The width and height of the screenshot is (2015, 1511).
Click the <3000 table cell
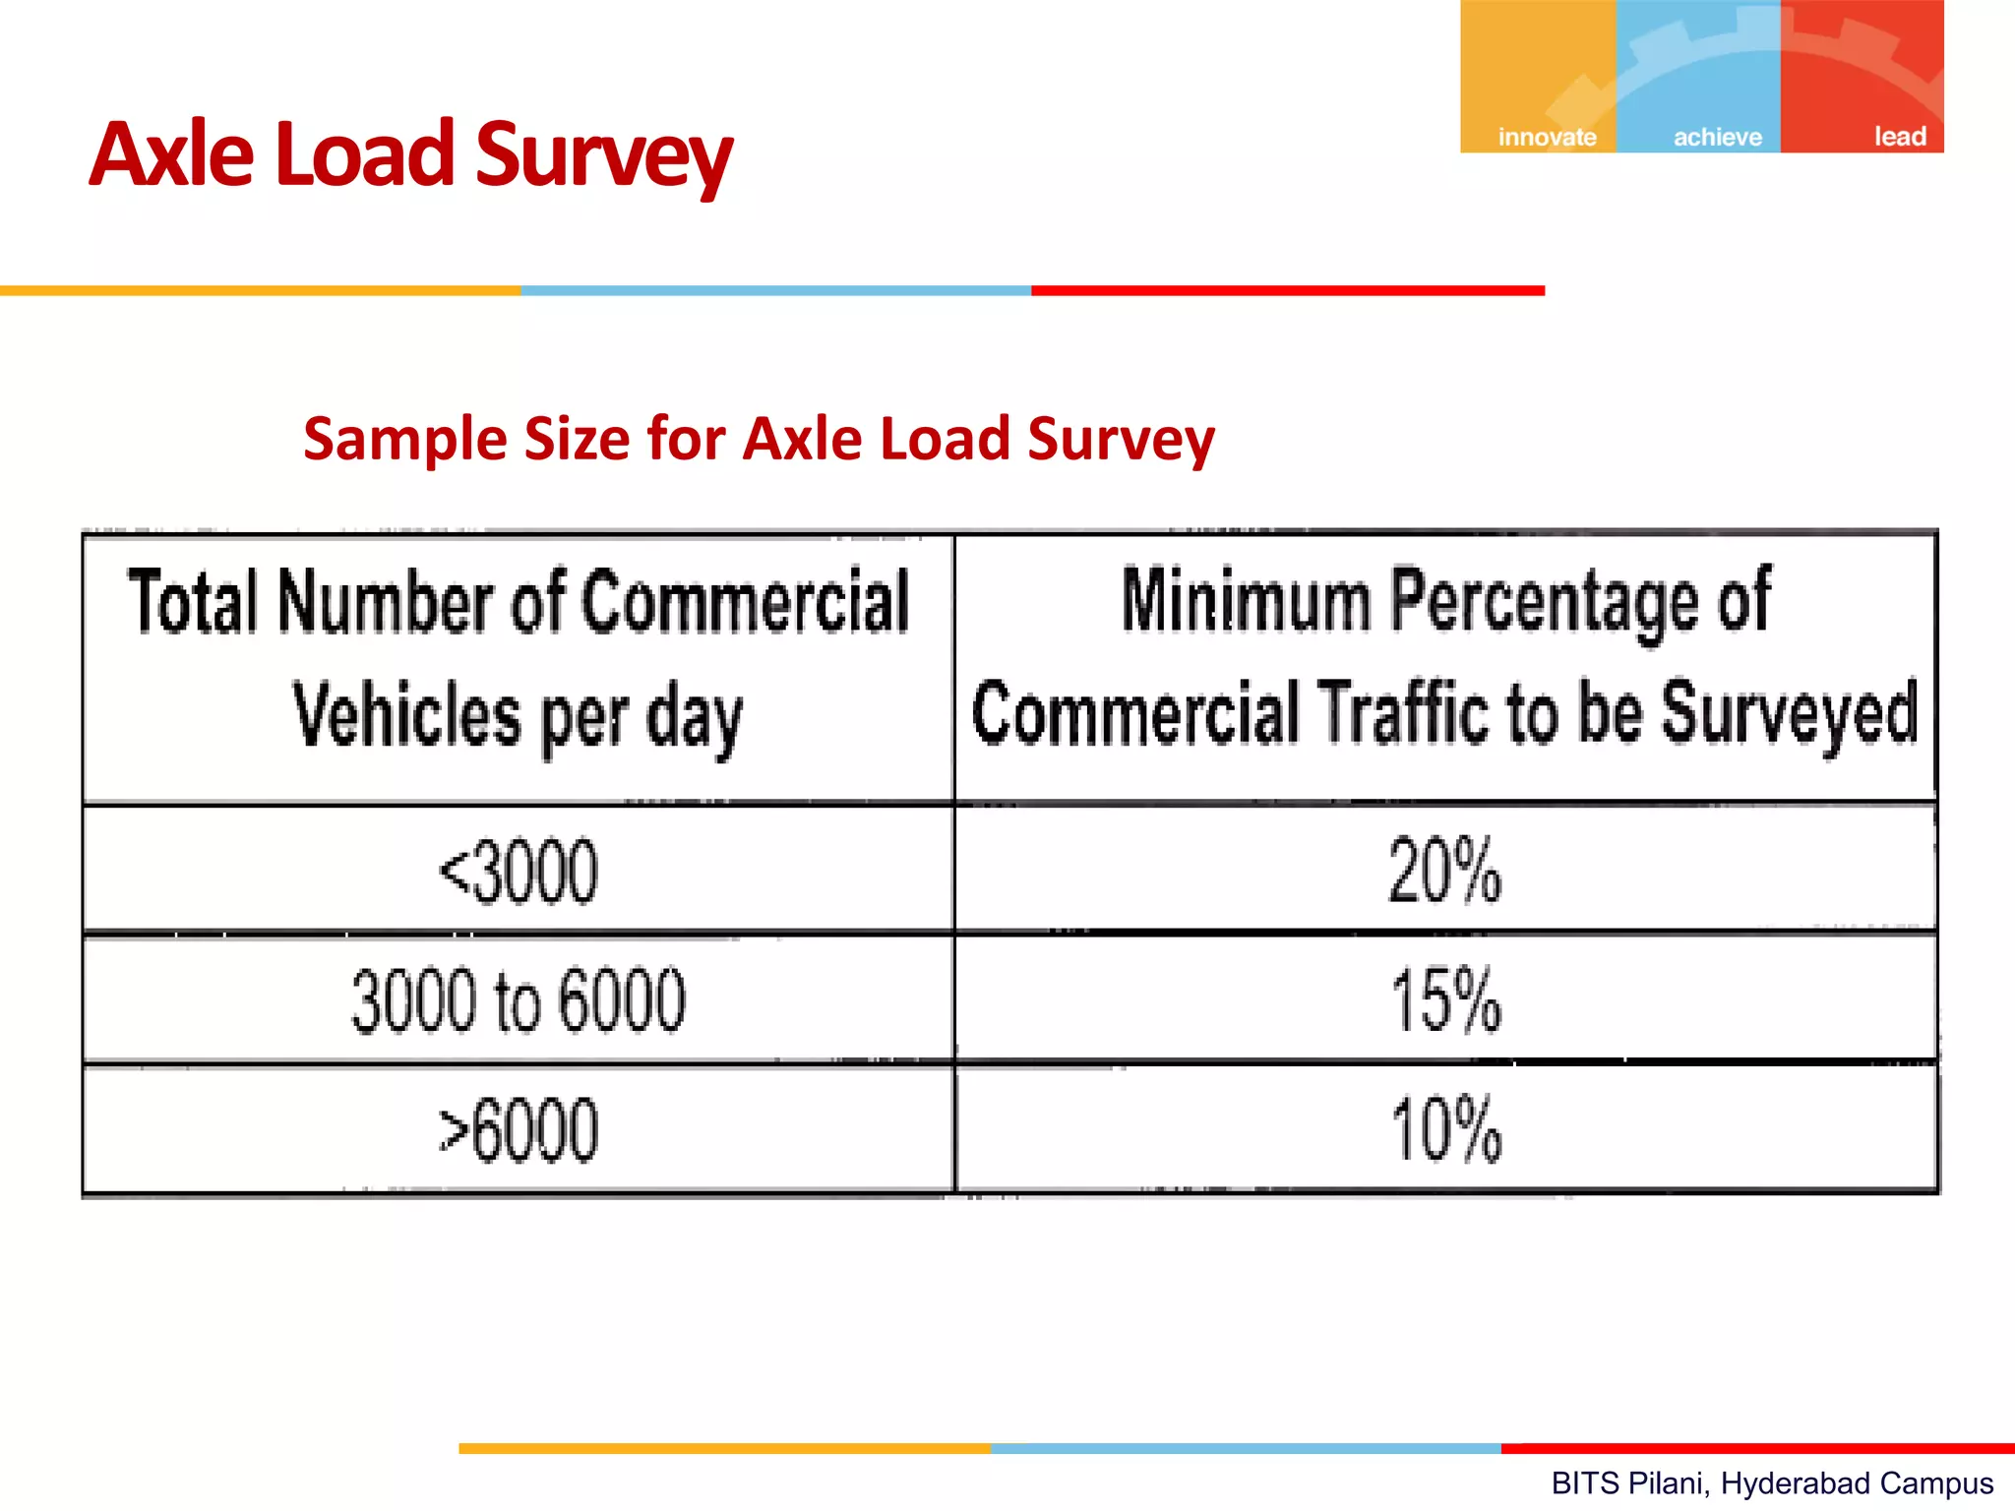pyautogui.click(x=519, y=872)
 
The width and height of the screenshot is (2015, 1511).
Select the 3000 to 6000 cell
pyautogui.click(x=519, y=1000)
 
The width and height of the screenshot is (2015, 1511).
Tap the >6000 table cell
pyautogui.click(x=519, y=1130)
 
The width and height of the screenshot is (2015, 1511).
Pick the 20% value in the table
pyautogui.click(x=1445, y=871)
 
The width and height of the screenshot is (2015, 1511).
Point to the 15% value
pyautogui.click(x=1445, y=1000)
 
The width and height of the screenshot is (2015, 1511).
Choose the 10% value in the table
pyautogui.click(x=1445, y=1130)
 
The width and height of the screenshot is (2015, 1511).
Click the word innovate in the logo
pyautogui.click(x=1547, y=137)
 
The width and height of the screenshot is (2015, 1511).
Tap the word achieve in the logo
pyautogui.click(x=1718, y=137)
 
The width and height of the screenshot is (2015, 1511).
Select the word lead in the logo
pyautogui.click(x=1900, y=137)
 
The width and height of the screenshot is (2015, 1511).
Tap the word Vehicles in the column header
pyautogui.click(x=406, y=715)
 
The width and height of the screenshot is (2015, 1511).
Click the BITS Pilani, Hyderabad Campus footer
pyautogui.click(x=1772, y=1482)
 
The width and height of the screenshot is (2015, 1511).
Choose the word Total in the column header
pyautogui.click(x=194, y=602)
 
